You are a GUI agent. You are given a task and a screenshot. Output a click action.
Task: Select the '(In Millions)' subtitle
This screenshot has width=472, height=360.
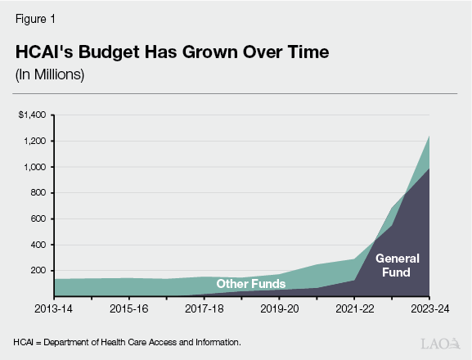point(50,74)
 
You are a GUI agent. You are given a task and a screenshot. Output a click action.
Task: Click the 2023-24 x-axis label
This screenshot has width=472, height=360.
point(429,310)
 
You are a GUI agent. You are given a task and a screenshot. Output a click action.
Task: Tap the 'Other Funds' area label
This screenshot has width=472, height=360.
point(250,284)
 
